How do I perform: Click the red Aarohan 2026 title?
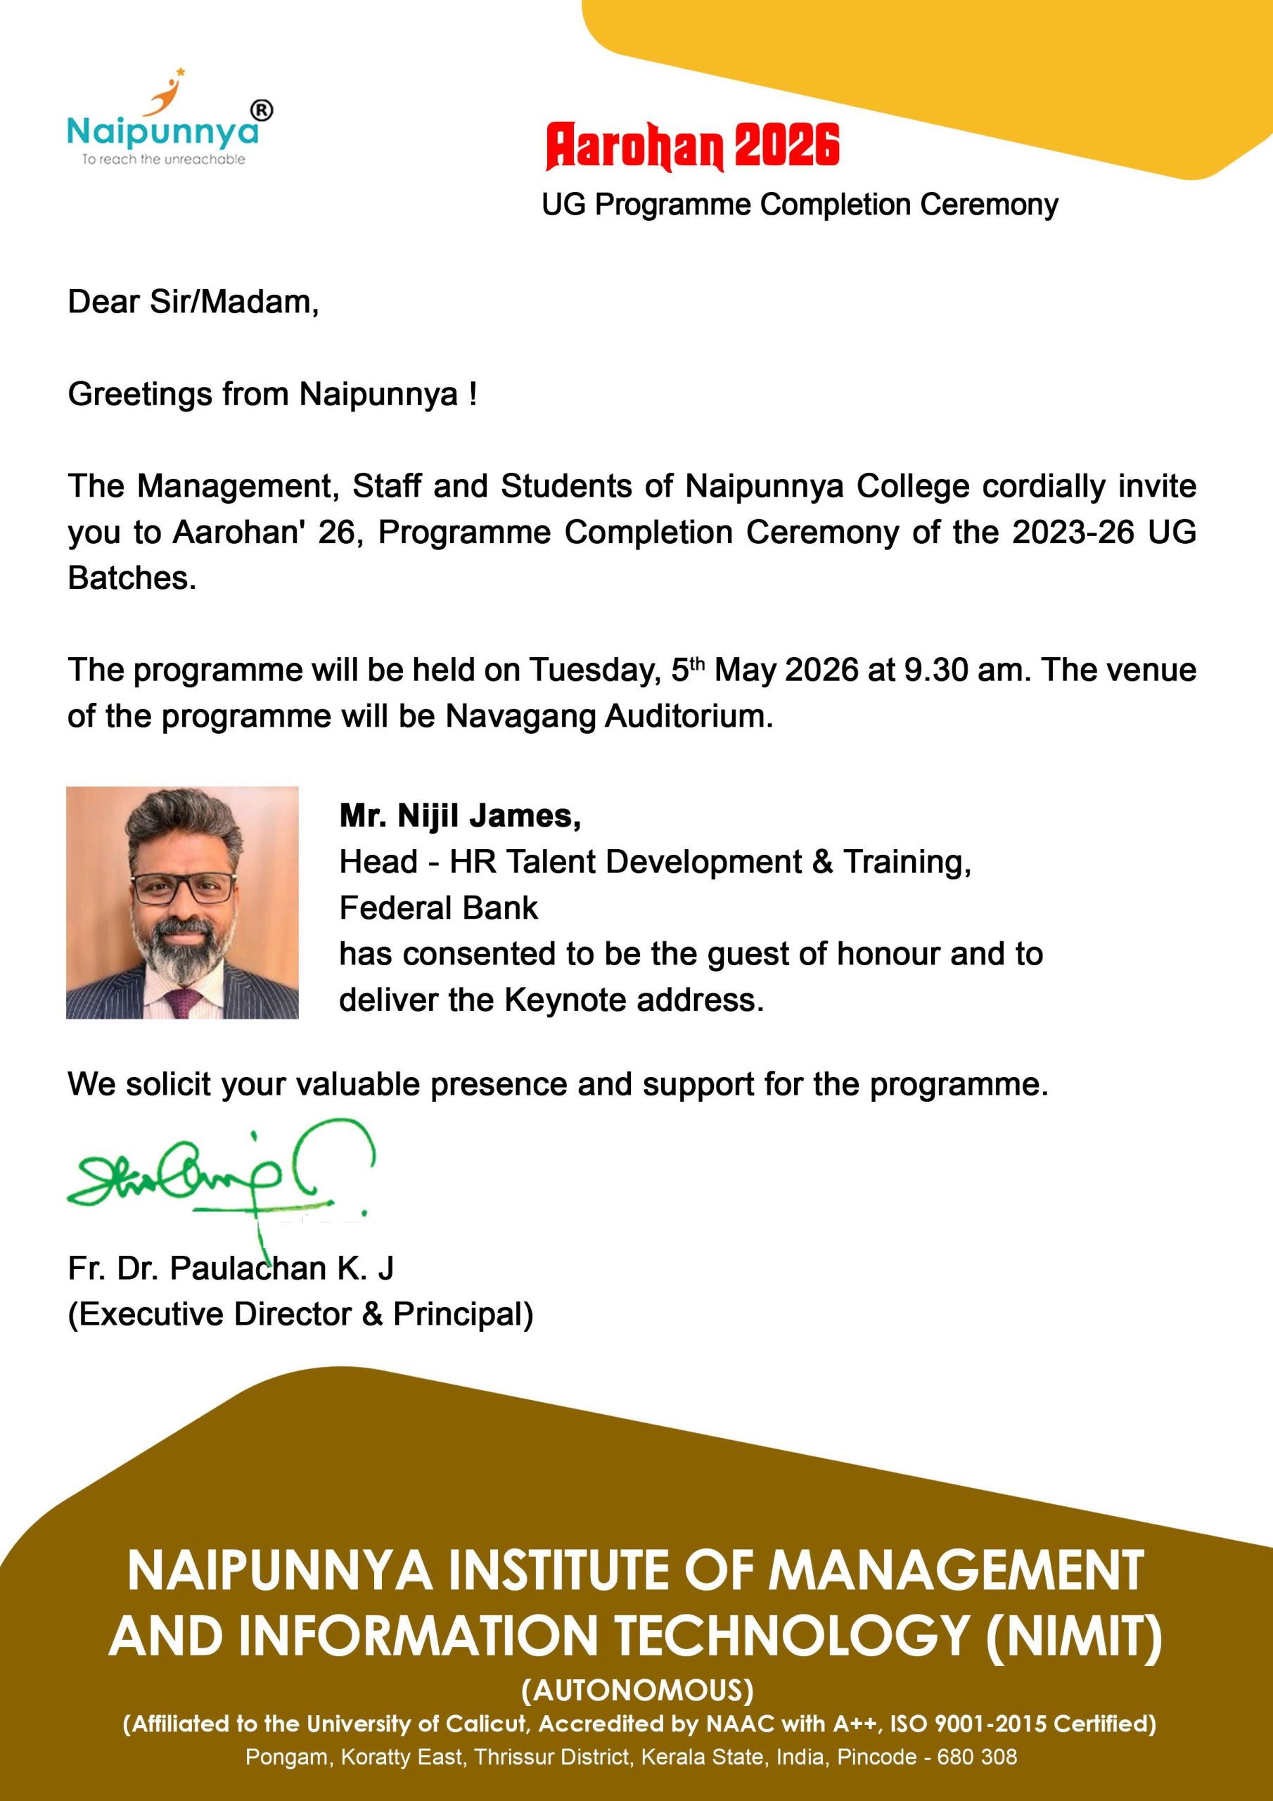coord(693,146)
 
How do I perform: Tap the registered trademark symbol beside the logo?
coord(262,111)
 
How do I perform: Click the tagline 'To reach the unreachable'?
coord(164,159)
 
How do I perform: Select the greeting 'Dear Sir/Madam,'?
coord(193,303)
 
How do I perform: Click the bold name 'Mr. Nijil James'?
coord(460,817)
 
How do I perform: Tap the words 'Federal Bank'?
coord(438,908)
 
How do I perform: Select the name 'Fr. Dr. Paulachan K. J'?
coord(231,1268)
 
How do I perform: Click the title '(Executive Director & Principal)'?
coord(300,1314)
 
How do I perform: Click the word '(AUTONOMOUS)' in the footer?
coord(637,1690)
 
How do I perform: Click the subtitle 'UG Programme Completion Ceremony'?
coord(799,205)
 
